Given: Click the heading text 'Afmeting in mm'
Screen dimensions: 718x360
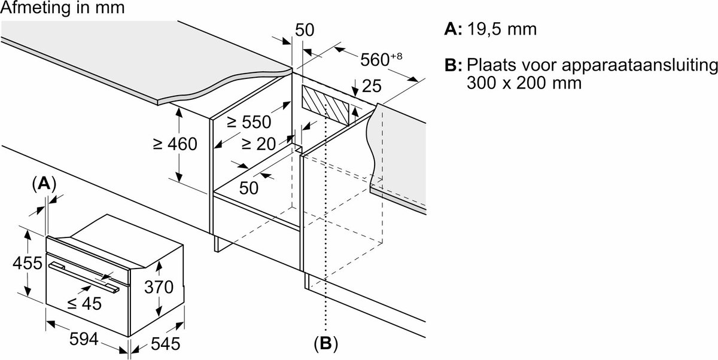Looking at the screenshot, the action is [62, 8].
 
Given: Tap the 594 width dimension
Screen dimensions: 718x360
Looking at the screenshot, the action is [84, 339].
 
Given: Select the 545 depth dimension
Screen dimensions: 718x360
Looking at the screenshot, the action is [165, 344].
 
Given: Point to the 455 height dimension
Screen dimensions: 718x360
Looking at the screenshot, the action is [28, 263].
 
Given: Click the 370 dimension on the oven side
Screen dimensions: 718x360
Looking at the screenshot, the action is [159, 286].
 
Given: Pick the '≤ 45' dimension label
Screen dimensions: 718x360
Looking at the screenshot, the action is [84, 303].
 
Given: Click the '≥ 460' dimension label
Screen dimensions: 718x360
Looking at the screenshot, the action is [175, 144].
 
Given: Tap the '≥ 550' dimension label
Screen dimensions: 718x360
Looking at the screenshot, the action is [249, 122].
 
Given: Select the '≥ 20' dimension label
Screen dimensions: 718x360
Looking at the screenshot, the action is [258, 144].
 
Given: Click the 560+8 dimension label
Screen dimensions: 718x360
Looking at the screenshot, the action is [381, 59].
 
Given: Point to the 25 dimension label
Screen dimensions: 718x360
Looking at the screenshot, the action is [372, 86].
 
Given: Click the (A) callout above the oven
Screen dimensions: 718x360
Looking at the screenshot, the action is [44, 184].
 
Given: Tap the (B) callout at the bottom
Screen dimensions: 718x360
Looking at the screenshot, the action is [326, 344].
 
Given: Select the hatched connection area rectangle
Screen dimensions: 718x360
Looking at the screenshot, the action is [325, 105].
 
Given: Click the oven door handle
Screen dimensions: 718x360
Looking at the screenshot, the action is [84, 277].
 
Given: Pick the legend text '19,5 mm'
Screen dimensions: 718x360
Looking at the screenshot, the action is [502, 29].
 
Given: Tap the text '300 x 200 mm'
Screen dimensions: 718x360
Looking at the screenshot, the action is [524, 83].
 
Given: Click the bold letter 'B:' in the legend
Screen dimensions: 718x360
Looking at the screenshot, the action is [454, 65].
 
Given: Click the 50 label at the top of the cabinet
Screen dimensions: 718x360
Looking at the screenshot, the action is [305, 30].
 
